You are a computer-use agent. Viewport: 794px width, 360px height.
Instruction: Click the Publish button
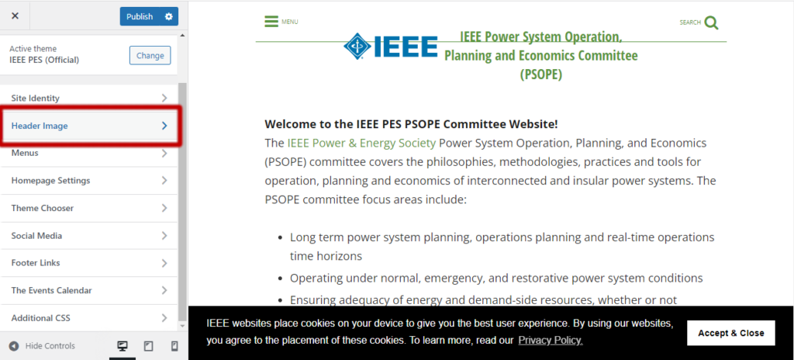pos(140,16)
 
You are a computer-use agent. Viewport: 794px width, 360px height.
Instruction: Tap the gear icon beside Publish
pos(169,16)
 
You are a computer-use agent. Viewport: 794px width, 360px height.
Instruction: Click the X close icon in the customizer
pos(15,16)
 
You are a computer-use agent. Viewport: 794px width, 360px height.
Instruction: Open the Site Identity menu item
pos(89,98)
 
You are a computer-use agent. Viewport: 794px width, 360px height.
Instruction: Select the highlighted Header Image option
pos(89,126)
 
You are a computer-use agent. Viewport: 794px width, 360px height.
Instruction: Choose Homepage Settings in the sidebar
pos(89,181)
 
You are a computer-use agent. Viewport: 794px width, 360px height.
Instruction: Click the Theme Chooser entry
pos(89,208)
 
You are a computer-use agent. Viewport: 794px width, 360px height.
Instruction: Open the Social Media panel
pos(89,236)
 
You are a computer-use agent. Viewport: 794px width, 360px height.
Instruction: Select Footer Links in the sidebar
pos(89,263)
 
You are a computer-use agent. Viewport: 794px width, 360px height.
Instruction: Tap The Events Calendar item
pos(89,290)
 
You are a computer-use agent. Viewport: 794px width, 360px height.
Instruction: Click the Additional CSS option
pos(89,318)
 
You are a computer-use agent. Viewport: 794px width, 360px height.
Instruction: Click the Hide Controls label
pos(50,346)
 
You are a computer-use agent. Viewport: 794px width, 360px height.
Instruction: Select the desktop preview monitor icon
pos(122,346)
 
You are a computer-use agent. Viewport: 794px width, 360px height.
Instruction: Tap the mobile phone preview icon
pos(174,346)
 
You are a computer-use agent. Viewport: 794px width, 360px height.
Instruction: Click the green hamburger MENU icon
pos(271,22)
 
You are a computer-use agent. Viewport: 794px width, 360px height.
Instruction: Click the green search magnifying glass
pos(711,22)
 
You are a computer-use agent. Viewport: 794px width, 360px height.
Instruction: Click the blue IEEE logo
pos(391,47)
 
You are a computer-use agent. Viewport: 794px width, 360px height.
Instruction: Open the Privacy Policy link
pos(551,341)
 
